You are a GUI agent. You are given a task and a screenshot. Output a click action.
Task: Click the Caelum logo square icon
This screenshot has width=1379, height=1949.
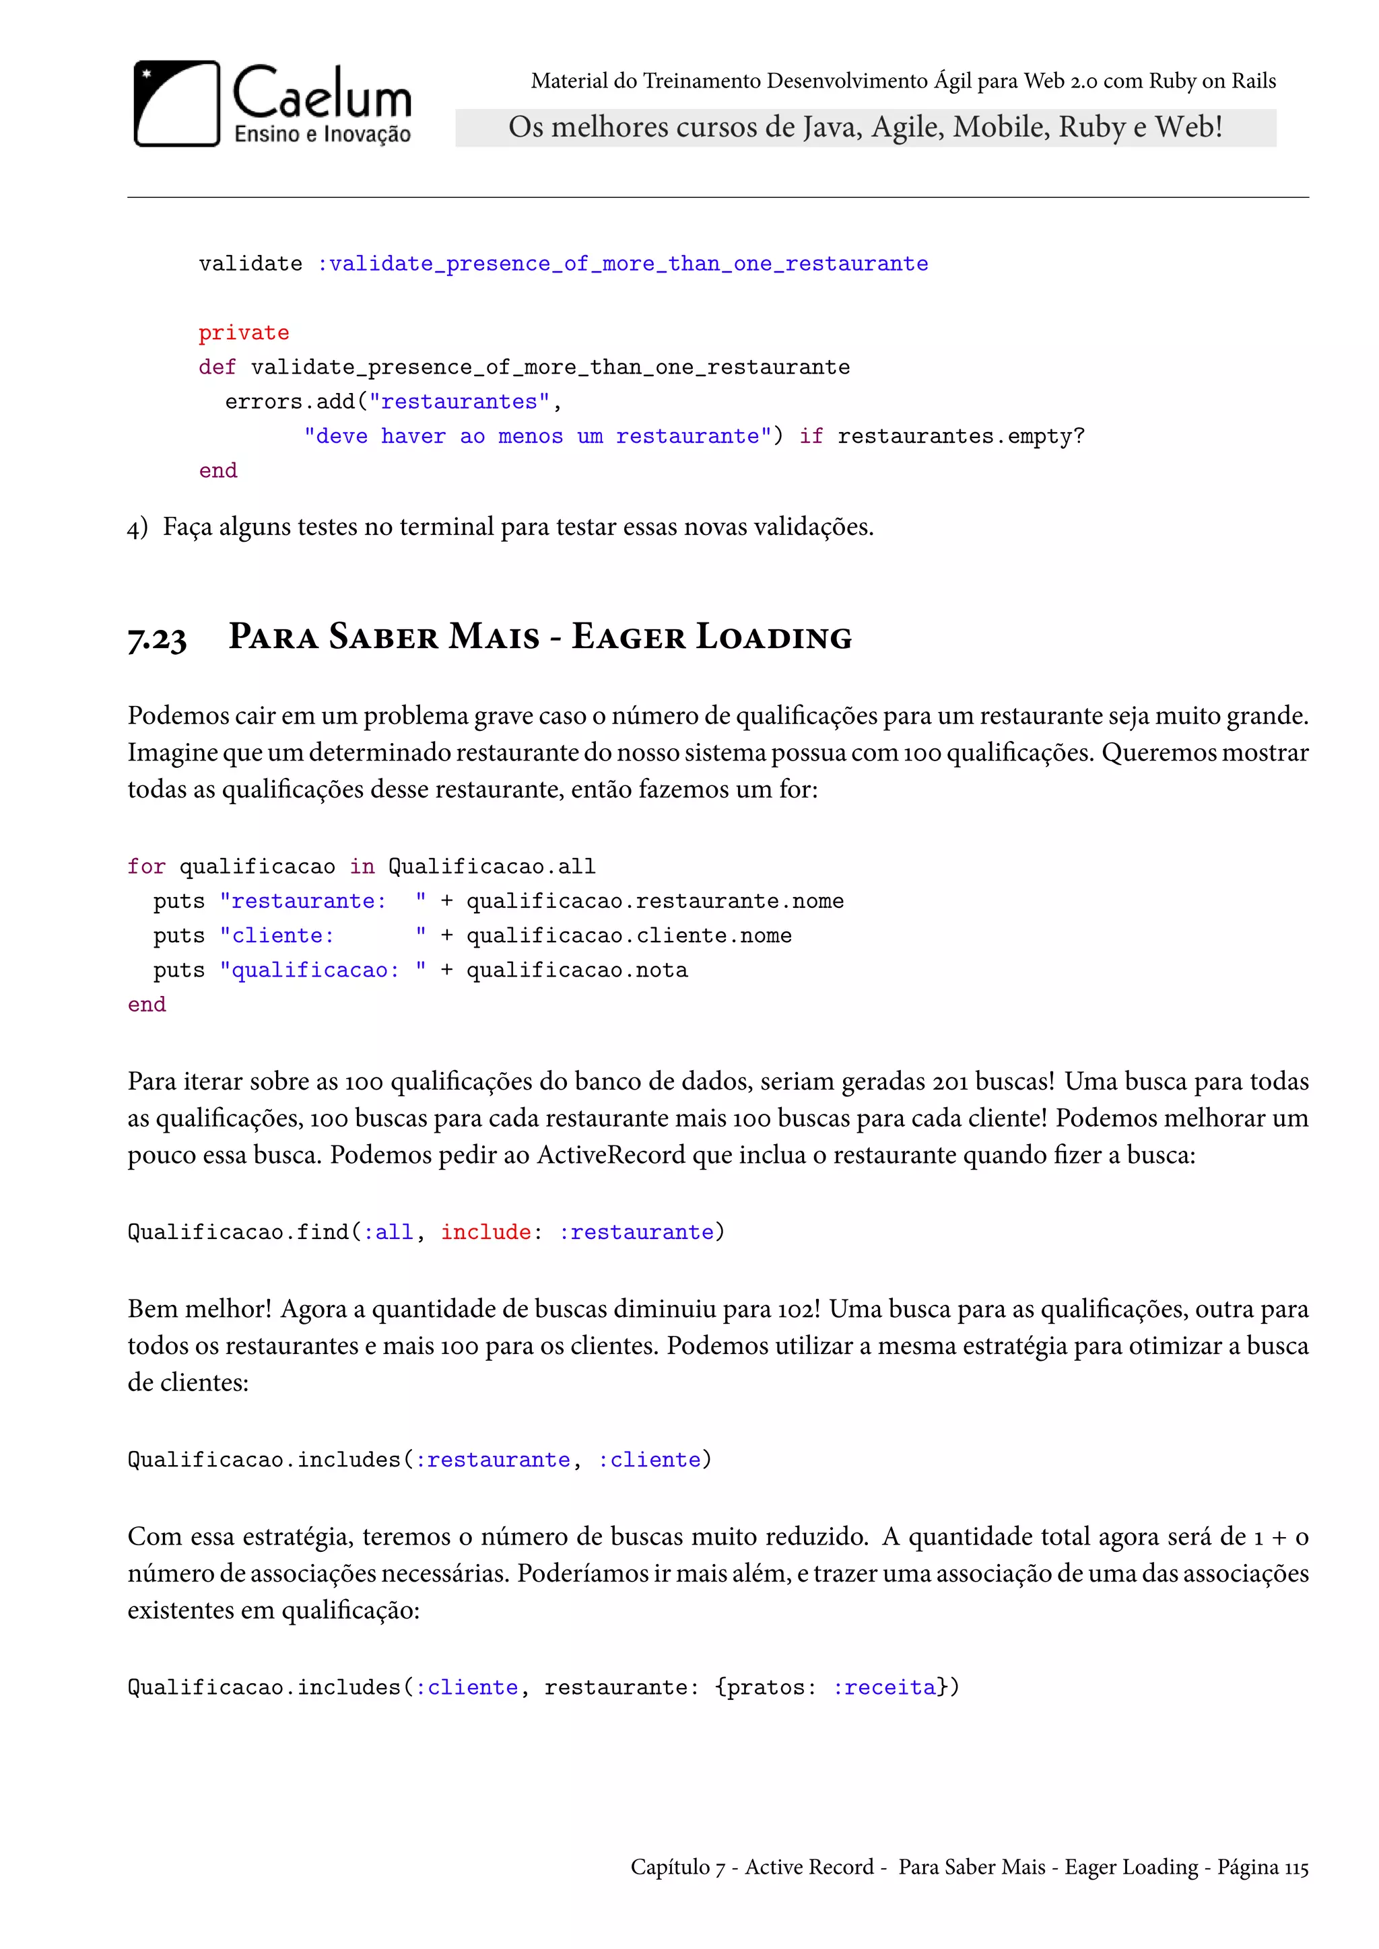(x=176, y=104)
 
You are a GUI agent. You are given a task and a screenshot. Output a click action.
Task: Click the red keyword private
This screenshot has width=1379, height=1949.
(x=244, y=332)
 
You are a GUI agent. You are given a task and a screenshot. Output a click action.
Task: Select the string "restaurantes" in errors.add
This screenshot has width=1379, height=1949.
(x=459, y=402)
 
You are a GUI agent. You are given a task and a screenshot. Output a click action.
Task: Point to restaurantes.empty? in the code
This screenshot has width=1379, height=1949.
(x=960, y=436)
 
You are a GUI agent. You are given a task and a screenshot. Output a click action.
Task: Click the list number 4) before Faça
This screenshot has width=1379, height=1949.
(x=137, y=528)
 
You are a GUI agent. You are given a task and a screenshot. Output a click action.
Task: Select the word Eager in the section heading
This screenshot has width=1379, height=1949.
(x=628, y=637)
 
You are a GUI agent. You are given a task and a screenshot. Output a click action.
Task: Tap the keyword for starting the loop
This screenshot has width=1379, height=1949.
(x=146, y=867)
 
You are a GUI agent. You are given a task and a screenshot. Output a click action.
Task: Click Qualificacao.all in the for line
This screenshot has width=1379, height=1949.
(x=492, y=867)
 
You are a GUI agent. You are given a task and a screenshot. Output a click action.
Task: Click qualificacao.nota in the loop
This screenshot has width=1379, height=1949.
(x=576, y=970)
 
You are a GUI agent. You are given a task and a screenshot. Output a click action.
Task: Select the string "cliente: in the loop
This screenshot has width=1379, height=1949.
(x=277, y=935)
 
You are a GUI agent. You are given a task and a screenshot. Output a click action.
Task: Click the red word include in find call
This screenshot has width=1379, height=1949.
(x=485, y=1232)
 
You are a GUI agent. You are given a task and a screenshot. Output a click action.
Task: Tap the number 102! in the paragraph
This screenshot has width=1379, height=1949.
(x=798, y=1310)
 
